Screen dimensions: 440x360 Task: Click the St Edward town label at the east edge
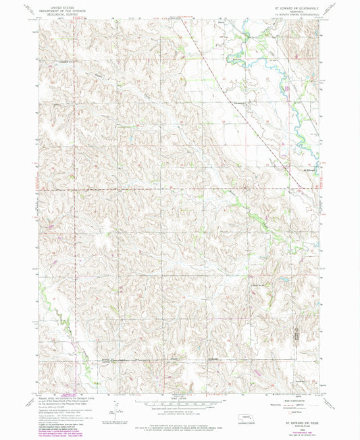pos(310,170)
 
